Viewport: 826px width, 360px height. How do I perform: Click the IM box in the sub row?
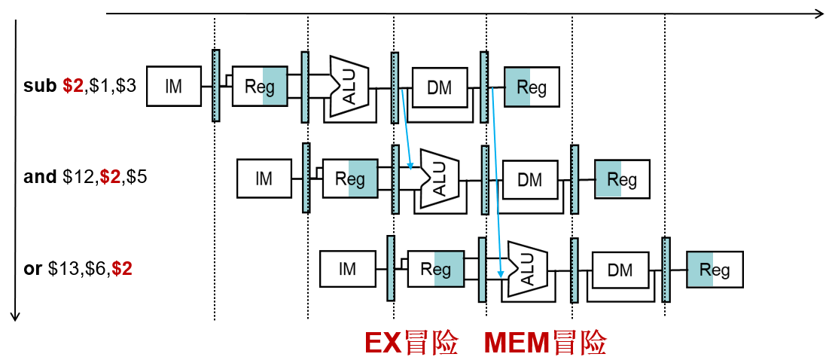(x=174, y=86)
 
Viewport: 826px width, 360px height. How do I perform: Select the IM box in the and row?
(x=264, y=178)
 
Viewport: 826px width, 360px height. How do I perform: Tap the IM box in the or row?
(x=347, y=269)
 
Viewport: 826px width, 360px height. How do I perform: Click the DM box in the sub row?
(x=440, y=87)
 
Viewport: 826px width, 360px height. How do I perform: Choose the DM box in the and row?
(x=530, y=179)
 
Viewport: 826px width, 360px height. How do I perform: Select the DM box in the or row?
(x=620, y=270)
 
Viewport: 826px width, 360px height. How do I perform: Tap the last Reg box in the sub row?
(x=532, y=87)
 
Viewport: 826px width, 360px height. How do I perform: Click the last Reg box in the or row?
(x=715, y=270)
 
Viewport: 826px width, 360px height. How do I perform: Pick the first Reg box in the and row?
(x=350, y=178)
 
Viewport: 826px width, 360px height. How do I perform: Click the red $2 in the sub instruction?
(x=73, y=86)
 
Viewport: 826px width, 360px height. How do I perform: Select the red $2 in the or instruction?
(x=121, y=268)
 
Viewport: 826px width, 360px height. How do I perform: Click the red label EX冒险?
(x=411, y=343)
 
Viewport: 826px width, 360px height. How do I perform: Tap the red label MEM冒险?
(x=545, y=343)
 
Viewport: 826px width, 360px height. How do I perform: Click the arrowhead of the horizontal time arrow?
(x=818, y=13)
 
